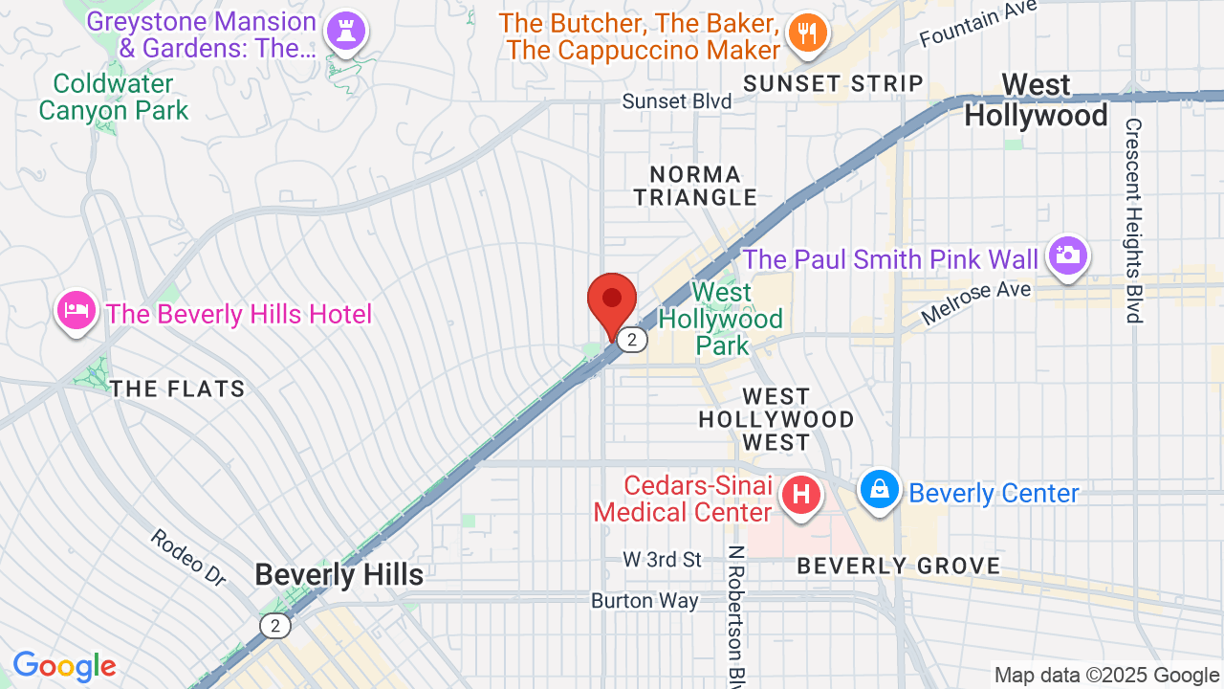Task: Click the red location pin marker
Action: tap(612, 301)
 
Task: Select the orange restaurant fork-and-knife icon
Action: tap(806, 34)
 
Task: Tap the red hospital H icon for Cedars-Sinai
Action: tap(801, 496)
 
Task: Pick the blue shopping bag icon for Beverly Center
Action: tap(878, 489)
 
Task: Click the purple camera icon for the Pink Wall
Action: tap(1066, 255)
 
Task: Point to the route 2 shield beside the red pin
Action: tap(631, 340)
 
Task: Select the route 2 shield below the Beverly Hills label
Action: tap(275, 626)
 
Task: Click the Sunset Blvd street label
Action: tap(676, 101)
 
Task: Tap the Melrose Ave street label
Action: tap(975, 301)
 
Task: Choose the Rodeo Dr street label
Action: tap(187, 557)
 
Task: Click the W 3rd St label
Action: tap(662, 559)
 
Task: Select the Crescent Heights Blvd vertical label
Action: tap(1134, 220)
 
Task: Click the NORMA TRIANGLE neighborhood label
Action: tap(703, 186)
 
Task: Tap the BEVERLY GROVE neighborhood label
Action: tap(898, 566)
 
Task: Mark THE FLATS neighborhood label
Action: tap(177, 389)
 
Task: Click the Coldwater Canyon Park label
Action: tap(113, 97)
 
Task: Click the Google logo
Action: tap(64, 666)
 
